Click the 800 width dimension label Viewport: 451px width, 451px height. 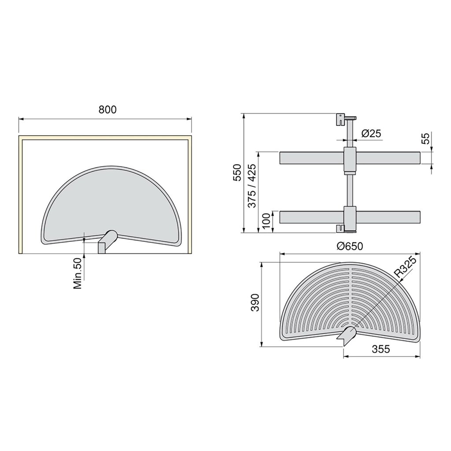coord(107,110)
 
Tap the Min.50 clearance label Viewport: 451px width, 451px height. coord(78,274)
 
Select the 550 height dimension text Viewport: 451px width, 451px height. coord(237,173)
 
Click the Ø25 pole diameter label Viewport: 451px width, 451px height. coord(370,133)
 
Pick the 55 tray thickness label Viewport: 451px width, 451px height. coord(425,139)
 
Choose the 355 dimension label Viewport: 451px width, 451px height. coord(381,349)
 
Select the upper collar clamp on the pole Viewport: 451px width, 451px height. coord(349,160)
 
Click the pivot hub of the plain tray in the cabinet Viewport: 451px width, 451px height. coord(107,241)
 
